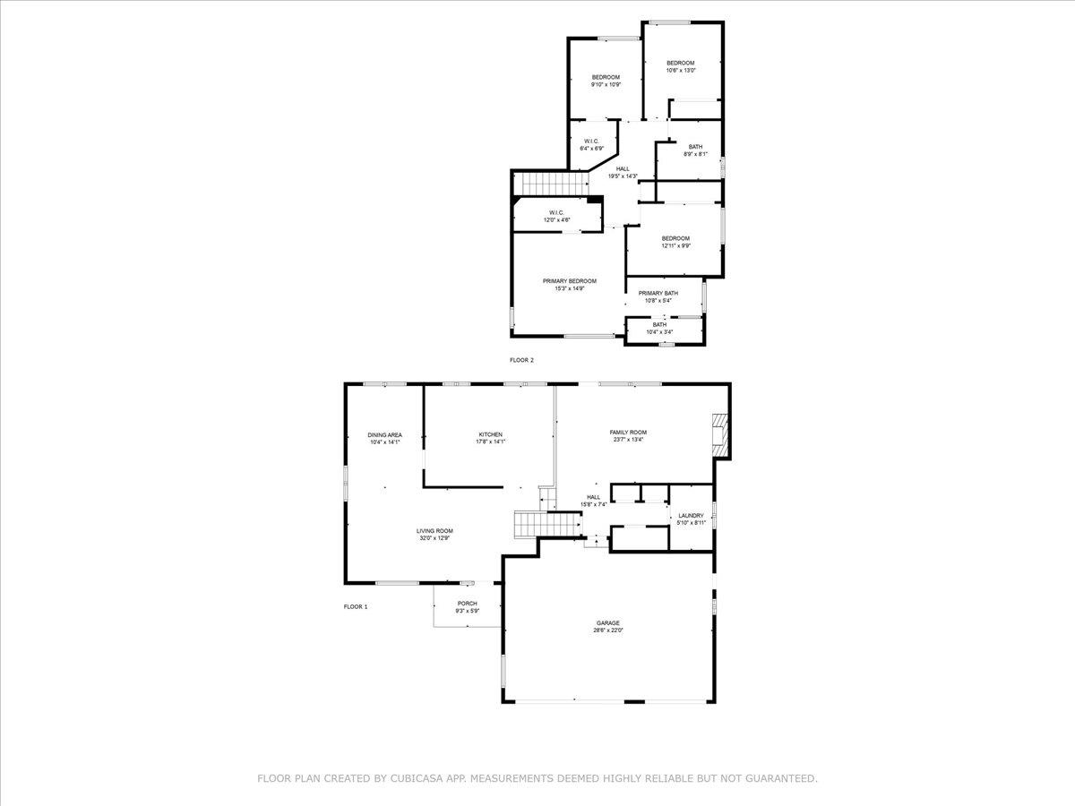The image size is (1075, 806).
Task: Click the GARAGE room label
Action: [609, 622]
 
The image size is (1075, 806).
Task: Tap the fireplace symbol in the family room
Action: [720, 431]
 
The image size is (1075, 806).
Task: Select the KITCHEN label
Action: [490, 434]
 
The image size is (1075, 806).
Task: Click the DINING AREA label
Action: [384, 434]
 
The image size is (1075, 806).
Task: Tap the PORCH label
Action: [467, 604]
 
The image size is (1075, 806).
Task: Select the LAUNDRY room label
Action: [691, 515]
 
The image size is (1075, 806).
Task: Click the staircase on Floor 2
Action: [547, 184]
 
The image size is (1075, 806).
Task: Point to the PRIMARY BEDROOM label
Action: [569, 281]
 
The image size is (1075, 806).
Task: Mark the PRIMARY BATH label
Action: [658, 293]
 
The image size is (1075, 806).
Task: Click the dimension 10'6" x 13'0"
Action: [680, 70]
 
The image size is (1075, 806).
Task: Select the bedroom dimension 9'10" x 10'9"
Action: [606, 84]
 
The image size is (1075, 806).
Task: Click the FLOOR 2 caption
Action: [521, 360]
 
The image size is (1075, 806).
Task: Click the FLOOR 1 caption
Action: [356, 606]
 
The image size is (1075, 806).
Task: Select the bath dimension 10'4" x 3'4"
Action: [659, 331]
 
